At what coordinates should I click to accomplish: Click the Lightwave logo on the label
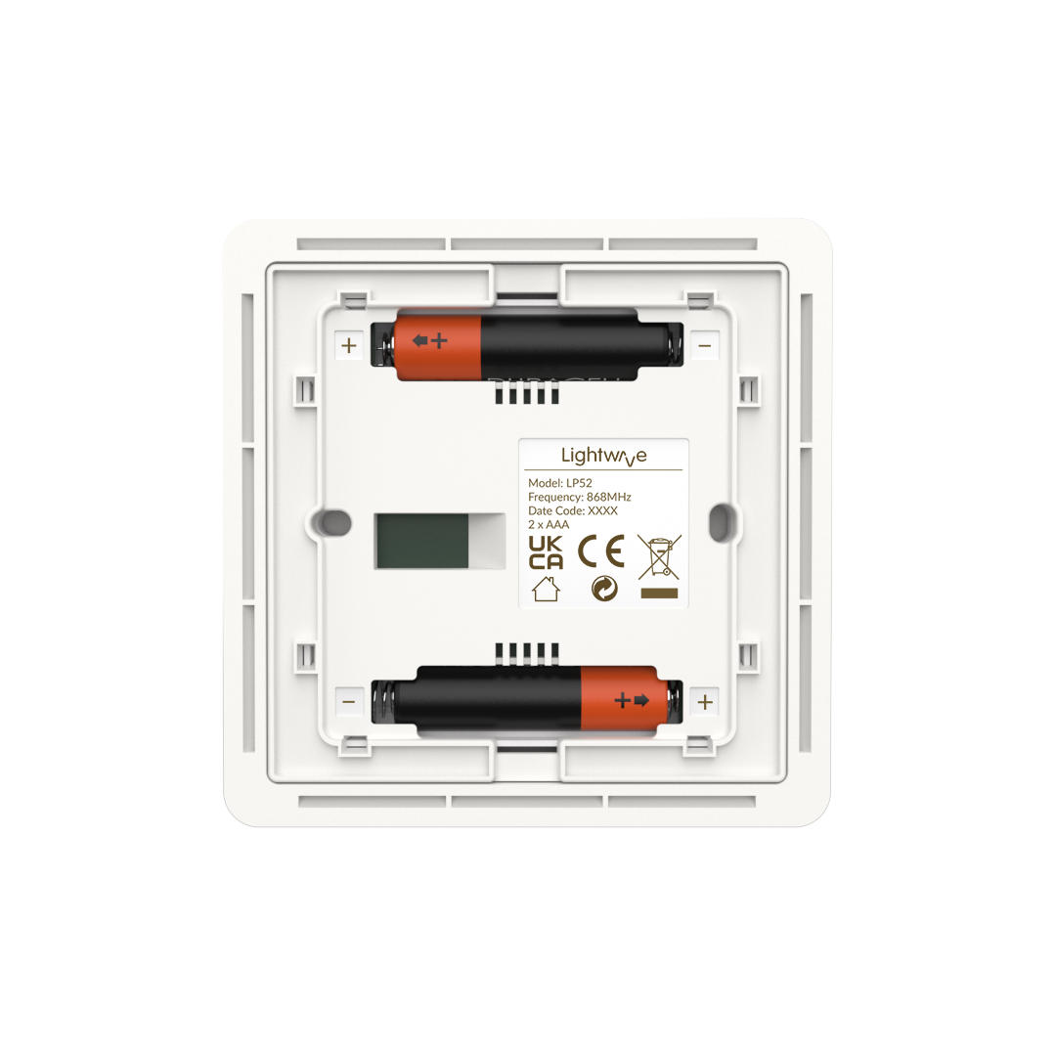603,456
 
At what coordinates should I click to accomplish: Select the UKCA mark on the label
545,553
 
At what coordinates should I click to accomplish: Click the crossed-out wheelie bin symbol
659,555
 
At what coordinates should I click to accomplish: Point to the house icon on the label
545,590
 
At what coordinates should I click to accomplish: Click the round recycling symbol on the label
604,590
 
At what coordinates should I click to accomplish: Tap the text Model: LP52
560,483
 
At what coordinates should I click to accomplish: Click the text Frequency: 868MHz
580,497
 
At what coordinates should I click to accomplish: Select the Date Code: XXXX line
572,510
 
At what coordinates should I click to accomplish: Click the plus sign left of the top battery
349,345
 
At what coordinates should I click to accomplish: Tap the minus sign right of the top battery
705,345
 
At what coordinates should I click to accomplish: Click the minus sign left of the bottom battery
349,701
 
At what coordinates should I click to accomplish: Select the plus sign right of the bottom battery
705,701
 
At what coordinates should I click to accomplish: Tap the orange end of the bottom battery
620,699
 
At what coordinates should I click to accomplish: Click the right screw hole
722,515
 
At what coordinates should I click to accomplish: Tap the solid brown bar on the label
659,593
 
